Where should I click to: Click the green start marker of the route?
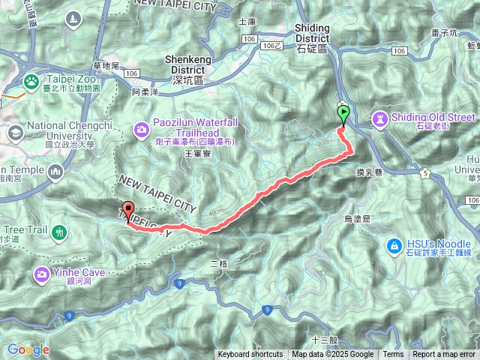coord(343,115)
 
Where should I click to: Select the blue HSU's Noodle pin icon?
coord(394,245)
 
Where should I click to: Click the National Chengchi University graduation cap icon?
coord(14,133)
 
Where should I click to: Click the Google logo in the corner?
coord(28,349)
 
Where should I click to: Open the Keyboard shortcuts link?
coord(250,355)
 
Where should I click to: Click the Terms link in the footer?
coord(393,355)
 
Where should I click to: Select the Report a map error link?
coord(445,355)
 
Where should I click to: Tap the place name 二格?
coord(218,263)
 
